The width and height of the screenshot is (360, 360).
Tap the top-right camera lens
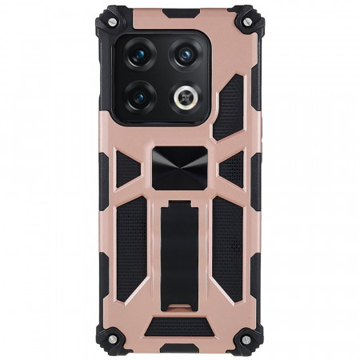[185, 54]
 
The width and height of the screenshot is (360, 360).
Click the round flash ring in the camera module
[186, 97]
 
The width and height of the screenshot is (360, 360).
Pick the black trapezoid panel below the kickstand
[179, 326]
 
